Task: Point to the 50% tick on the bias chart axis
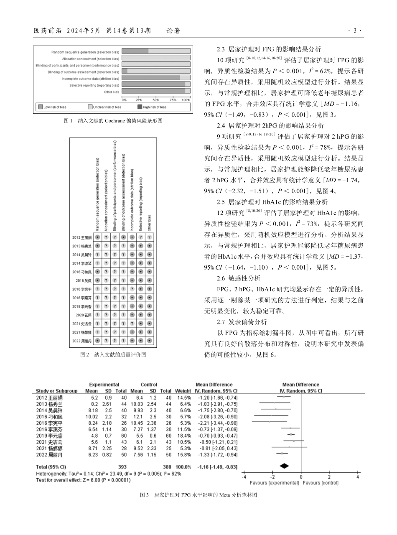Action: pos(155,100)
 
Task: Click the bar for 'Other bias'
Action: pos(156,91)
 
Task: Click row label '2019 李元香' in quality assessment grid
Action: pos(82,306)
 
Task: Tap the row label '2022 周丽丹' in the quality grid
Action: pos(82,341)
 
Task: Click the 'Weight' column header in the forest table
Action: pos(183,391)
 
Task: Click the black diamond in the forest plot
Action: pos(284,466)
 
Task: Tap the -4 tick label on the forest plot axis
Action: pos(244,477)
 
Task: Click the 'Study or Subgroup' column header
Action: pos(57,391)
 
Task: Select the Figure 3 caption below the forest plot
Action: pos(198,495)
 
